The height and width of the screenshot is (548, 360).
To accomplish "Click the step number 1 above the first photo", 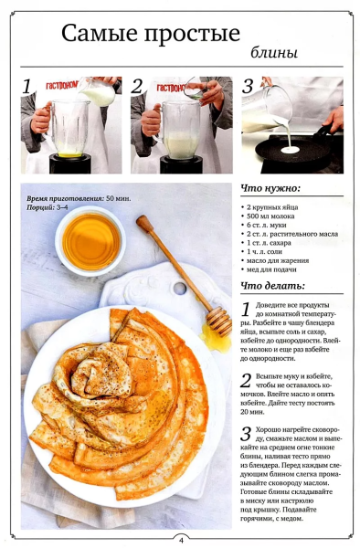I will click(27, 87).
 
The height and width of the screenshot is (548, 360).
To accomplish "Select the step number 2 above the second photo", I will click(137, 87).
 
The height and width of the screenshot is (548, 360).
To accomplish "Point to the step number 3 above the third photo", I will click(248, 87).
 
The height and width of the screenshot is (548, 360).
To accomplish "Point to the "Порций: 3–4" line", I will click(48, 207).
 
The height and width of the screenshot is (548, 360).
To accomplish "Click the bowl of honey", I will click(90, 240).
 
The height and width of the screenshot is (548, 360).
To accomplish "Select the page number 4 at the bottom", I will click(181, 539).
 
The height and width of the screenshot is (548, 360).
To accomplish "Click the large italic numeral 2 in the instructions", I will click(246, 381).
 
